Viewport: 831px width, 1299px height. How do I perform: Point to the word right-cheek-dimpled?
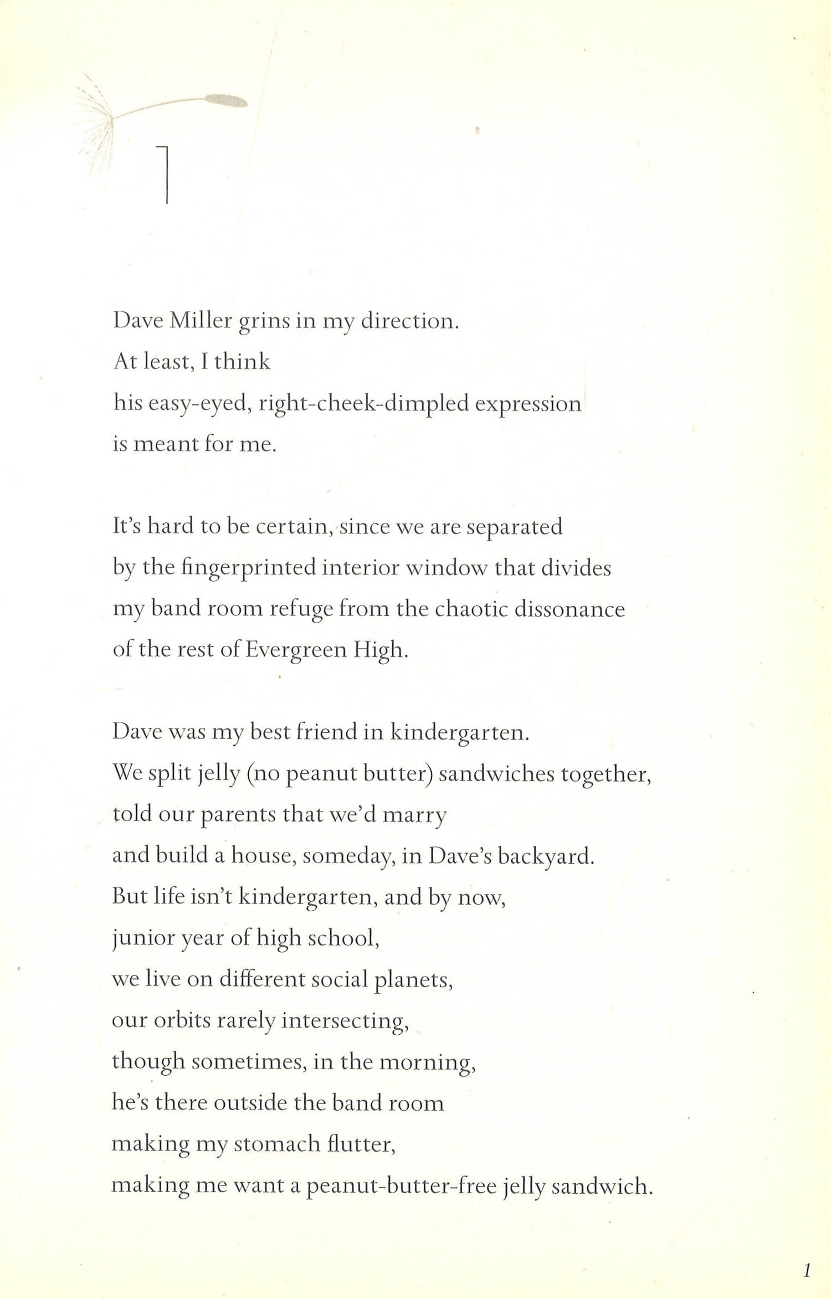(363, 403)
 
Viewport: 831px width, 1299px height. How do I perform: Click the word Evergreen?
(296, 650)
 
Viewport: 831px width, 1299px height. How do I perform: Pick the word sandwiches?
(496, 773)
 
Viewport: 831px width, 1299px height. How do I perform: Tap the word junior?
(136, 938)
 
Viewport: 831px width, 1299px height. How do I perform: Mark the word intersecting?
(345, 1020)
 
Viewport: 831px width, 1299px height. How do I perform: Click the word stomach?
(277, 1143)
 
